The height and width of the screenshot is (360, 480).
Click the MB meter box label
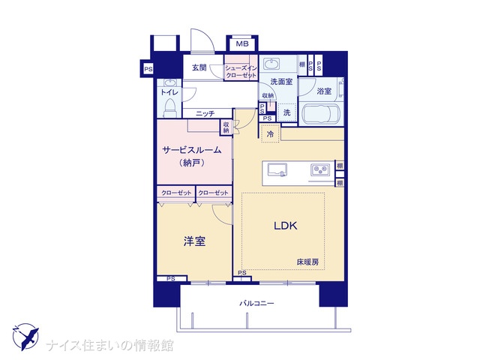pyautogui.click(x=242, y=43)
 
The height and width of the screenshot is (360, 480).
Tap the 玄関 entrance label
pyautogui.click(x=199, y=67)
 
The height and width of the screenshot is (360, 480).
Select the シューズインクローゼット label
pyautogui.click(x=241, y=71)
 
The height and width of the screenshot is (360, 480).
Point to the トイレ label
pyautogui.click(x=169, y=92)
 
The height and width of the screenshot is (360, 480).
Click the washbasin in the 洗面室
pyautogui.click(x=271, y=64)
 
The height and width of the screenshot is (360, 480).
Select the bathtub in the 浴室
pyautogui.click(x=320, y=114)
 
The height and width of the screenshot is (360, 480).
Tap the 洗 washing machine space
pyautogui.click(x=286, y=112)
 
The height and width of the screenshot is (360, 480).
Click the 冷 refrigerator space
pyautogui.click(x=270, y=133)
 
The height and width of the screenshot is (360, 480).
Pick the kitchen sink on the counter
pyautogui.click(x=277, y=170)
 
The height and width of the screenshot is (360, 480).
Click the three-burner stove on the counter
pyautogui.click(x=320, y=169)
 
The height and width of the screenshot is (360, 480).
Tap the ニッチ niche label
pyautogui.click(x=205, y=114)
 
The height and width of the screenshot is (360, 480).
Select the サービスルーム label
pyautogui.click(x=192, y=150)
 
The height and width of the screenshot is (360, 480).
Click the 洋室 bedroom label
pyautogui.click(x=194, y=241)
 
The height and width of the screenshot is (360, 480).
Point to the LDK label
pyautogui.click(x=285, y=226)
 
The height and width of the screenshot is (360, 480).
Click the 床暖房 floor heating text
pyautogui.click(x=307, y=262)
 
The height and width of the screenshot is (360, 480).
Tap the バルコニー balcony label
pyautogui.click(x=256, y=303)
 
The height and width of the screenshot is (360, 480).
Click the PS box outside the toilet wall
pyautogui.click(x=148, y=69)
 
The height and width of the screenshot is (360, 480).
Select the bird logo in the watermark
pyautogui.click(x=25, y=337)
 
